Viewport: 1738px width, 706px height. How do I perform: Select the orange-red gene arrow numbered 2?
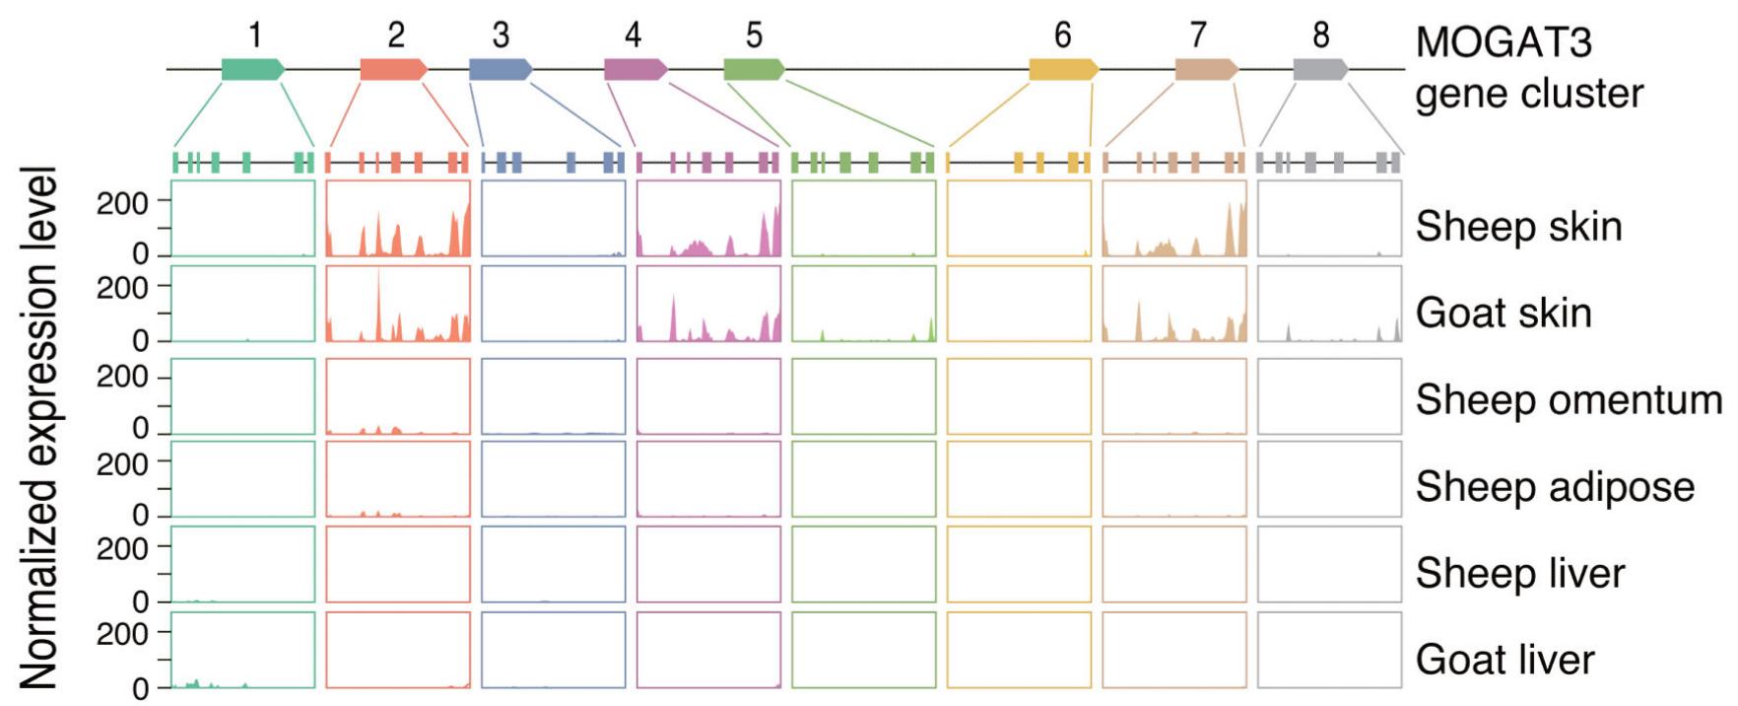[x=393, y=69]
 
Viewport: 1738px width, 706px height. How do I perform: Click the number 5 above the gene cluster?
[x=754, y=35]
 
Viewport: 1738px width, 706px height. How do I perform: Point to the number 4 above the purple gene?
[x=633, y=35]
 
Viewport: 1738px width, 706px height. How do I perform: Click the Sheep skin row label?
[x=1518, y=227]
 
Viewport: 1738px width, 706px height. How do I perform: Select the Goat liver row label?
[x=1504, y=660]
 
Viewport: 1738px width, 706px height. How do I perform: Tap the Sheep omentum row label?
[x=1569, y=400]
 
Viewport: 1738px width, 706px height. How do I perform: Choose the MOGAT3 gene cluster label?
[x=1528, y=68]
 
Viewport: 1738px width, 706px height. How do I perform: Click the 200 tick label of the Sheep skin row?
[x=122, y=203]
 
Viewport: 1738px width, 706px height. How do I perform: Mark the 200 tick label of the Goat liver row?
[x=122, y=634]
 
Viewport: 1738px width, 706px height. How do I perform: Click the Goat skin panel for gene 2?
[x=398, y=304]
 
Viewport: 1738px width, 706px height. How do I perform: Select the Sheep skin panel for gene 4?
[x=708, y=218]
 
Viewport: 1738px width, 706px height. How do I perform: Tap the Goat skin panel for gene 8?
[x=1329, y=304]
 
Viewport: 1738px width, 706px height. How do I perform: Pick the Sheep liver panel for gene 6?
[x=1019, y=564]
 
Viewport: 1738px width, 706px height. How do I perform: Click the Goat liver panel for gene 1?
[x=242, y=650]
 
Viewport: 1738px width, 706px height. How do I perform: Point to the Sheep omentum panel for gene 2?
[x=398, y=396]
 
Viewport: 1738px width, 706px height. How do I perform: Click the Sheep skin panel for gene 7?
[x=1174, y=218]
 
